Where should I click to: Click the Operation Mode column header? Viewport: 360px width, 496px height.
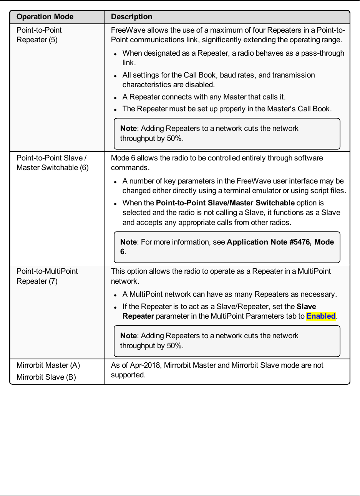click(x=45, y=17)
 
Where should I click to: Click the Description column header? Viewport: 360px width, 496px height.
click(x=131, y=17)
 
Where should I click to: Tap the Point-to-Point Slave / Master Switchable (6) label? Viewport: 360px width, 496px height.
click(x=52, y=163)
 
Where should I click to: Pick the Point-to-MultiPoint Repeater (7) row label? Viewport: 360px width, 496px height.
click(x=47, y=276)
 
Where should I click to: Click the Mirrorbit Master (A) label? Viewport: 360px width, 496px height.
click(x=48, y=365)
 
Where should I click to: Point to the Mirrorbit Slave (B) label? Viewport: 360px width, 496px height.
click(x=46, y=377)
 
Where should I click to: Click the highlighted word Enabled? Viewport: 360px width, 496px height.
click(x=321, y=316)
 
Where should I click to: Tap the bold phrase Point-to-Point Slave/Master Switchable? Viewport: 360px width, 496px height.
click(x=225, y=203)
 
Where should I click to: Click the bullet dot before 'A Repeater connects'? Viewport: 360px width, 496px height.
click(x=115, y=98)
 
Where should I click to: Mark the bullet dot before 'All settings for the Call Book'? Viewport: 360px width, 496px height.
click(x=115, y=76)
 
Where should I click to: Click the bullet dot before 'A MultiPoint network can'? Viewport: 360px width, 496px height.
click(x=115, y=295)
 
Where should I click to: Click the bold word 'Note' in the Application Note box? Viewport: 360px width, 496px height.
click(x=128, y=242)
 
